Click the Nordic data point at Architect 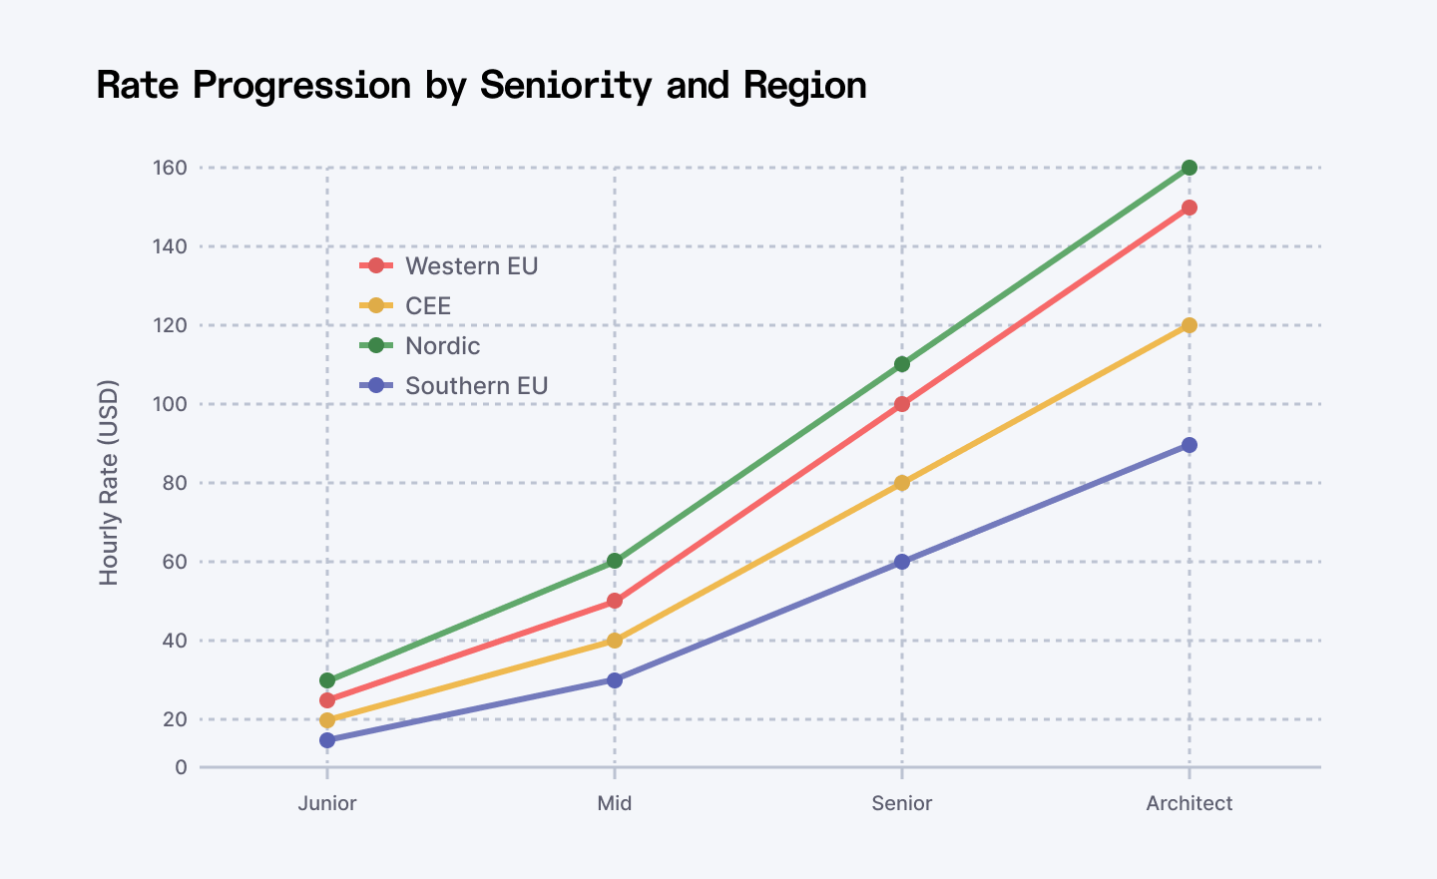[x=1189, y=168]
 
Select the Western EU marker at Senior [x=902, y=404]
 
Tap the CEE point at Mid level [x=615, y=641]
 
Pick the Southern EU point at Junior [x=327, y=740]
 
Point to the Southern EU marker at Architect [x=1189, y=445]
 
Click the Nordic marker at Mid [x=615, y=561]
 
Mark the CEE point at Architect [x=1189, y=325]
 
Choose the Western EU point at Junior [x=327, y=700]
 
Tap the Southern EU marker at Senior [x=902, y=562]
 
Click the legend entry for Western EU [x=471, y=266]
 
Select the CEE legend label [x=428, y=306]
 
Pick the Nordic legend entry [x=442, y=346]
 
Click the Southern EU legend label [x=476, y=386]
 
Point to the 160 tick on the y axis [x=170, y=168]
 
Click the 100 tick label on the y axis [x=170, y=404]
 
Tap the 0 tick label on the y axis [x=181, y=767]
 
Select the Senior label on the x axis [x=902, y=804]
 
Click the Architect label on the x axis [x=1189, y=804]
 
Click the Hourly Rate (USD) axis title [x=109, y=482]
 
